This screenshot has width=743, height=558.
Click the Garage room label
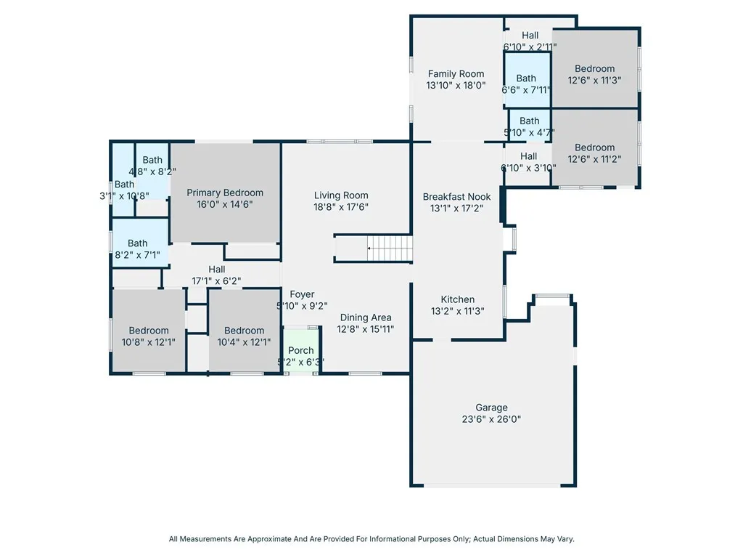coord(491,408)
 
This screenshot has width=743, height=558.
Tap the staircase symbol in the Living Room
coord(390,248)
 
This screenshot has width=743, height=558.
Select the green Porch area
coord(301,350)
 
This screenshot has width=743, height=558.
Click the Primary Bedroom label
coord(225,193)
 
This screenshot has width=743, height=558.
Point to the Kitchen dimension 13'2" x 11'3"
coord(458,311)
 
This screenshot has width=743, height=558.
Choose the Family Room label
coord(456,73)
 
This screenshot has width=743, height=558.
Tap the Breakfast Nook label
coord(457,196)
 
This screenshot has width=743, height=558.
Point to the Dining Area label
coord(366,318)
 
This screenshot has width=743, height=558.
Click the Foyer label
coord(302,294)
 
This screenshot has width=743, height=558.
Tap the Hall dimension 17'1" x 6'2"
coord(216,281)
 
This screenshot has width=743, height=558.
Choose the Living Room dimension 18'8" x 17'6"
coord(341,207)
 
